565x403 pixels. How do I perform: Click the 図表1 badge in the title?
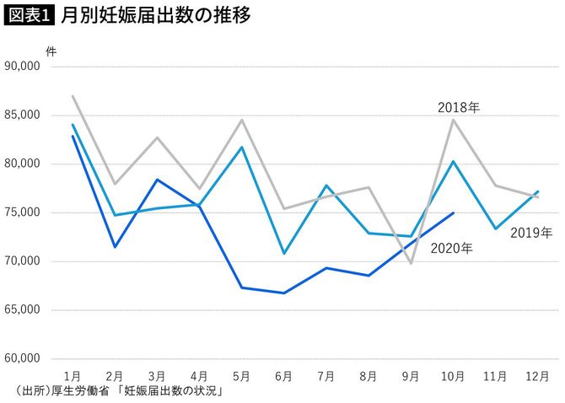point(29,16)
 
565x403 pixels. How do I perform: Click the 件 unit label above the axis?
point(51,50)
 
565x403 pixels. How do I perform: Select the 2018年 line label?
point(459,108)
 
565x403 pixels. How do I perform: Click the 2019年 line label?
point(531,232)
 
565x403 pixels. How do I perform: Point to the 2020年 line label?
point(451,248)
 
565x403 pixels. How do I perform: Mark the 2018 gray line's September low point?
point(411,263)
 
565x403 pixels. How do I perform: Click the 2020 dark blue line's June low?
point(284,293)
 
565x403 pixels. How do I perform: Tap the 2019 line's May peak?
point(242,147)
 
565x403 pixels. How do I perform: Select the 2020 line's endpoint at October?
point(453,212)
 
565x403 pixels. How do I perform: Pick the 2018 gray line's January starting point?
point(73,96)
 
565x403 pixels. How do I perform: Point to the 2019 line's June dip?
point(284,253)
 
